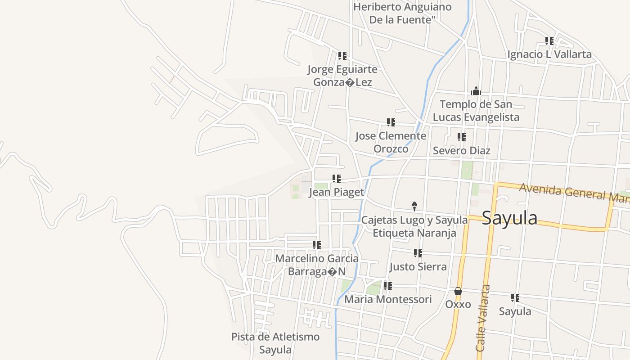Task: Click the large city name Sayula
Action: pyautogui.click(x=509, y=218)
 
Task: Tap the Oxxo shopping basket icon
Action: pyautogui.click(x=458, y=291)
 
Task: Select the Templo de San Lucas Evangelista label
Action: pyautogui.click(x=476, y=111)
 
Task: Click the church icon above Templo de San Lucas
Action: pyautogui.click(x=476, y=91)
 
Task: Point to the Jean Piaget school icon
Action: pyautogui.click(x=336, y=179)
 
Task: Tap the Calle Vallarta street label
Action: pyautogui.click(x=483, y=318)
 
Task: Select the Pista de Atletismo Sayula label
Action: pyautogui.click(x=275, y=343)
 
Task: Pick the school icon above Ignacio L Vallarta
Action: pyautogui.click(x=549, y=41)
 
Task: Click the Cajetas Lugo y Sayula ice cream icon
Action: pyautogui.click(x=414, y=206)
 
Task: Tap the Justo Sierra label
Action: pyautogui.click(x=418, y=266)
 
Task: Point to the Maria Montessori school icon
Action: pyautogui.click(x=387, y=286)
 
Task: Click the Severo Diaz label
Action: pyautogui.click(x=461, y=150)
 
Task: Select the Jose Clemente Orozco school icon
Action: pyautogui.click(x=391, y=122)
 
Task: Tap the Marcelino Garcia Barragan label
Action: pyautogui.click(x=317, y=265)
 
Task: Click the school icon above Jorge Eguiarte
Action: pyautogui.click(x=342, y=56)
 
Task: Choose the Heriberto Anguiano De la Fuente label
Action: pyautogui.click(x=402, y=13)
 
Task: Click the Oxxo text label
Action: pyautogui.click(x=458, y=304)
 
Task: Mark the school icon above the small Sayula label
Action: pyautogui.click(x=515, y=298)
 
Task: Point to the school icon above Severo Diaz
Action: pyautogui.click(x=461, y=137)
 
